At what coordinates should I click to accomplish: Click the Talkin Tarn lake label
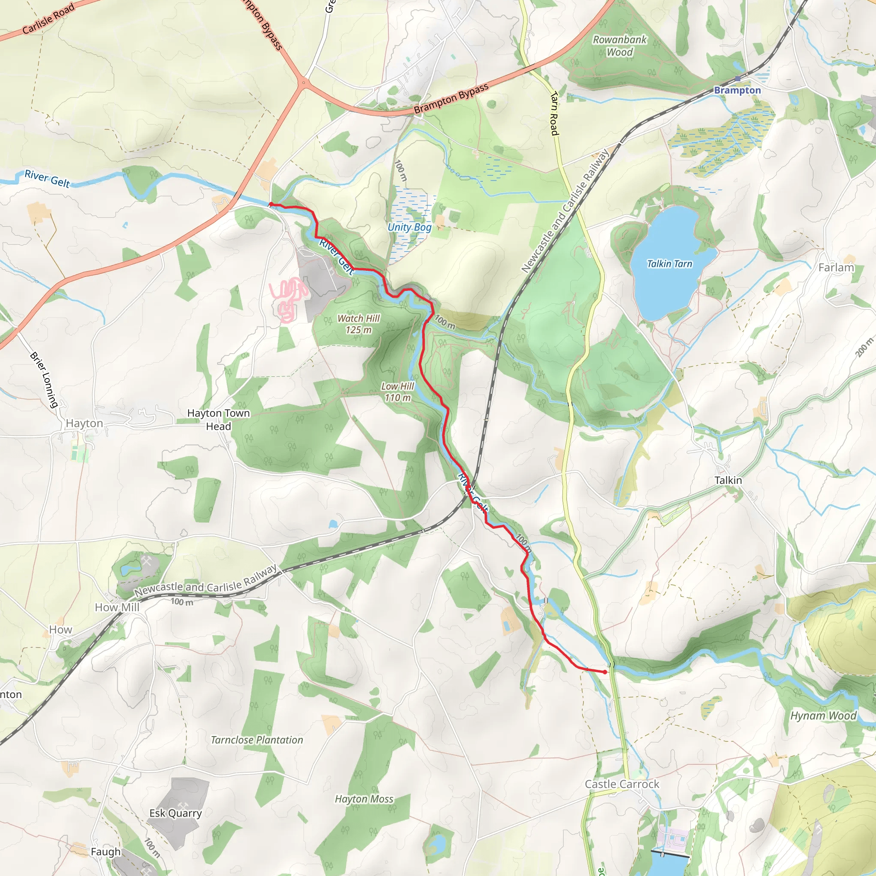669,264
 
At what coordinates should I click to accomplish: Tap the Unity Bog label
409,227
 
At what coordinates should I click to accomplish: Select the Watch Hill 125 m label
358,324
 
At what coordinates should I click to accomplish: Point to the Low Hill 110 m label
398,392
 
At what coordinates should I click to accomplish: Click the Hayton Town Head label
219,420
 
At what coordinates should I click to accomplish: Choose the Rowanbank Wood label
620,46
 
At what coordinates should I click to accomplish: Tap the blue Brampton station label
737,90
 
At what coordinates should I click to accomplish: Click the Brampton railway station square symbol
738,79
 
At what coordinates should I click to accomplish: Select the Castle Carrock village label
622,784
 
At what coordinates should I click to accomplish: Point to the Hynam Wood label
823,716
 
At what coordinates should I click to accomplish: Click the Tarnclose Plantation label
257,740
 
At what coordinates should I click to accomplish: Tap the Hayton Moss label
364,799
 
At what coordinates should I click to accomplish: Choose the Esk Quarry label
175,813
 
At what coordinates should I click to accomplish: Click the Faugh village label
106,852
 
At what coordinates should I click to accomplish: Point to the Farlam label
836,267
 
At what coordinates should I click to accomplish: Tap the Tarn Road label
554,113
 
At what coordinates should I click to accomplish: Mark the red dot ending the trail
605,672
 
